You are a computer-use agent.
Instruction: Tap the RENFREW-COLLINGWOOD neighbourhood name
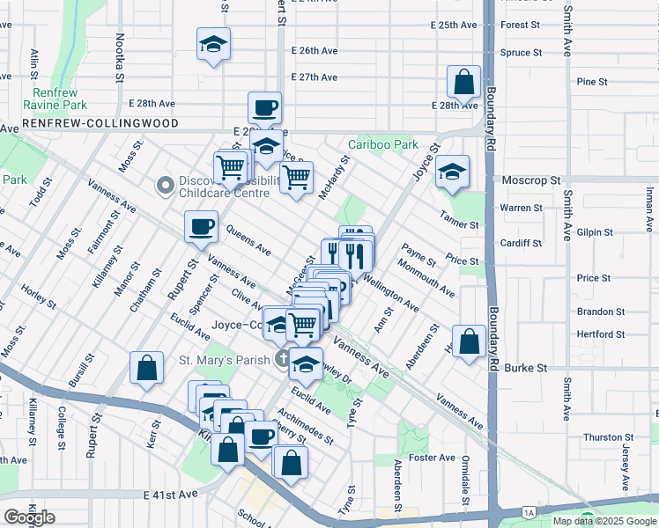click(x=101, y=124)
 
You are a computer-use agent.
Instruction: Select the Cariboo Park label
click(x=382, y=144)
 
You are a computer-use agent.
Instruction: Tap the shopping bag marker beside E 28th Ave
click(x=463, y=84)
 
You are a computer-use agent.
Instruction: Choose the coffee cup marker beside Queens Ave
click(x=201, y=227)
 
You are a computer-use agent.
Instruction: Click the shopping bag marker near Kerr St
click(x=146, y=368)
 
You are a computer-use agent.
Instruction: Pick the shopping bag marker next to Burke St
click(x=470, y=341)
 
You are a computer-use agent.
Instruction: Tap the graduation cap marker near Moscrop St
click(x=452, y=172)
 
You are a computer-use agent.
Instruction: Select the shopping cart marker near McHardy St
click(x=297, y=178)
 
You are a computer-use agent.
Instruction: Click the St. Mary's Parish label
click(x=223, y=359)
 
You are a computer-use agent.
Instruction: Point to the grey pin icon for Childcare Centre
click(x=164, y=186)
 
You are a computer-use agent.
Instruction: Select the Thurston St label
click(x=603, y=437)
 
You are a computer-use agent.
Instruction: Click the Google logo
click(x=29, y=517)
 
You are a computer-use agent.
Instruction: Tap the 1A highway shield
click(x=528, y=511)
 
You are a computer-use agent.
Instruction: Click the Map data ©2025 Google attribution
click(x=604, y=521)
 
